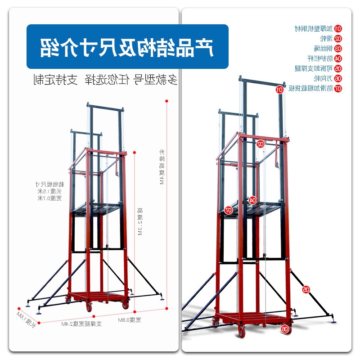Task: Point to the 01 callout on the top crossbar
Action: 279,90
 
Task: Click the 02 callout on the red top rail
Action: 260,144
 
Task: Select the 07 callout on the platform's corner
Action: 228,210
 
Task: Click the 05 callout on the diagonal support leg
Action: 306,290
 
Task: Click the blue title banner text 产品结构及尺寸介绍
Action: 127,47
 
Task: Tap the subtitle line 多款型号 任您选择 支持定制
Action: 106,81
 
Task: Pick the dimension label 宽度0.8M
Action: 130,320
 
